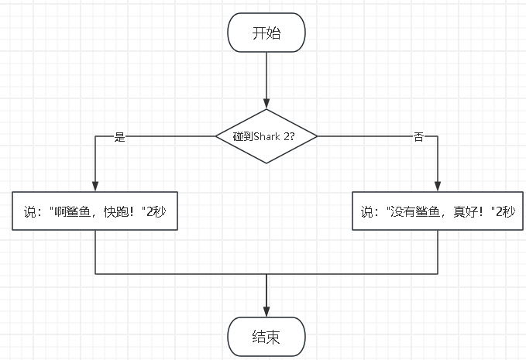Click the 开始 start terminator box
point(266,33)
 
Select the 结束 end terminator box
point(266,337)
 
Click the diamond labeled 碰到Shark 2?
point(266,135)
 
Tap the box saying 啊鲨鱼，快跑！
point(95,210)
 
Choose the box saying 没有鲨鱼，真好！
point(438,210)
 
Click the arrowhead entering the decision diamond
point(266,103)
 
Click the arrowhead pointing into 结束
point(266,311)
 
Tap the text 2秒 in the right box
point(504,211)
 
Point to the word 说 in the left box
point(30,211)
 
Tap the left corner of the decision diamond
point(216,135)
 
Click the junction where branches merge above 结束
point(266,274)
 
